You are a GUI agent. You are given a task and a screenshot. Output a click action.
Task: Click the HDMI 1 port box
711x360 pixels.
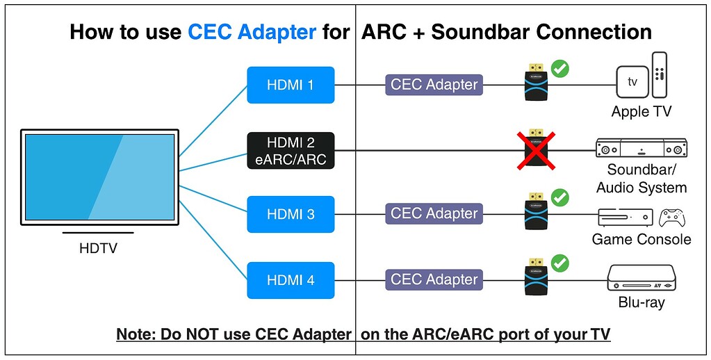pyautogui.click(x=291, y=85)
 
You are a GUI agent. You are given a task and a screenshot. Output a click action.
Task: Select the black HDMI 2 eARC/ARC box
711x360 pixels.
pyautogui.click(x=291, y=151)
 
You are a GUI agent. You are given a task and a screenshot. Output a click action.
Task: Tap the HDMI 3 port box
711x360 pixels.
pyautogui.click(x=291, y=214)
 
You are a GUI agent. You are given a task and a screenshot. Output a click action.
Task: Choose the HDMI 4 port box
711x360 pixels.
pyautogui.click(x=291, y=280)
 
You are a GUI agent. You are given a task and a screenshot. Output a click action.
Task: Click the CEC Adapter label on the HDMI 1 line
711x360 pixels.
pyautogui.click(x=434, y=85)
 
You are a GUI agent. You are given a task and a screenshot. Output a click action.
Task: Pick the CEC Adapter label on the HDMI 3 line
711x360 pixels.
pyautogui.click(x=434, y=213)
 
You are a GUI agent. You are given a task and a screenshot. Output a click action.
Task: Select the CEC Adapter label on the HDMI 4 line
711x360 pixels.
pyautogui.click(x=434, y=279)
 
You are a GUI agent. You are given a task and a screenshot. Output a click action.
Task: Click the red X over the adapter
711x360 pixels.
pyautogui.click(x=534, y=149)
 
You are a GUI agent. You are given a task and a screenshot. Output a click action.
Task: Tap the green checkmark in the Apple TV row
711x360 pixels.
pyautogui.click(x=560, y=69)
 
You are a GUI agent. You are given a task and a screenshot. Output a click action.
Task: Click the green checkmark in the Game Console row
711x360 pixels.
pyautogui.click(x=560, y=198)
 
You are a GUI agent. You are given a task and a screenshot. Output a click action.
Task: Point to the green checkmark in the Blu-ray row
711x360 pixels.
pyautogui.click(x=560, y=263)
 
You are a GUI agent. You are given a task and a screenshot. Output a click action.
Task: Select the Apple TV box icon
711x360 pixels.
pyautogui.click(x=632, y=82)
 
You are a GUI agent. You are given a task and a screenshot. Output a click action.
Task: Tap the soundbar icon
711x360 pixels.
pyautogui.click(x=641, y=149)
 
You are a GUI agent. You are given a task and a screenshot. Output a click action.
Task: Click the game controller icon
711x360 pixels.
pyautogui.click(x=672, y=218)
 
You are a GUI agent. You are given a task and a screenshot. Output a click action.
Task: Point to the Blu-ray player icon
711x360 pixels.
pyautogui.click(x=641, y=278)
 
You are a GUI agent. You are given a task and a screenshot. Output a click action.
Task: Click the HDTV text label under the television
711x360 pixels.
pyautogui.click(x=98, y=248)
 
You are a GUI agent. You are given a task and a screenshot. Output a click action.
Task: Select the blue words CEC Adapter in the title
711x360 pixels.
pyautogui.click(x=252, y=32)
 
